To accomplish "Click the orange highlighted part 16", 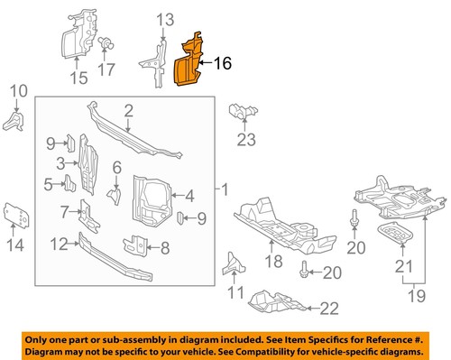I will [188, 66].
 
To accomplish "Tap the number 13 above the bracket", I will [163, 19].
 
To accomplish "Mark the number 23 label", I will [247, 140].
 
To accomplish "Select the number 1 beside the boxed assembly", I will [225, 190].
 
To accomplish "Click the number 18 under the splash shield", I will [273, 263].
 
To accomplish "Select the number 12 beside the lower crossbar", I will [58, 243].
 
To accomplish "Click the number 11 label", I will [236, 291].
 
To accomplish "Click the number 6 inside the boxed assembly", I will [117, 167].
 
